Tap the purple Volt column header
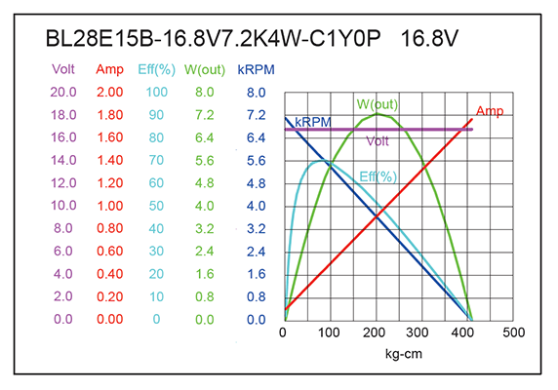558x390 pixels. coord(64,70)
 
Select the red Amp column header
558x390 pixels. coord(110,70)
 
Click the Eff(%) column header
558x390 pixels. coord(156,70)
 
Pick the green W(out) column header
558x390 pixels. coord(205,70)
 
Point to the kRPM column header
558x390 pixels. coord(257,70)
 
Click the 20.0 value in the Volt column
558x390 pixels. coord(64,93)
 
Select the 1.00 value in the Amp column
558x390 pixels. coord(110,206)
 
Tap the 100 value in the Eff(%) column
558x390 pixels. coord(156,93)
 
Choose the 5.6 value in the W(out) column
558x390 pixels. coord(205,161)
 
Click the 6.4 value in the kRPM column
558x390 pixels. coord(257,137)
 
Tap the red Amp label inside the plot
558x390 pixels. coord(490,112)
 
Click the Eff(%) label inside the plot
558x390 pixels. coord(379,176)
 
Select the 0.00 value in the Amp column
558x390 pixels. coord(110,319)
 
